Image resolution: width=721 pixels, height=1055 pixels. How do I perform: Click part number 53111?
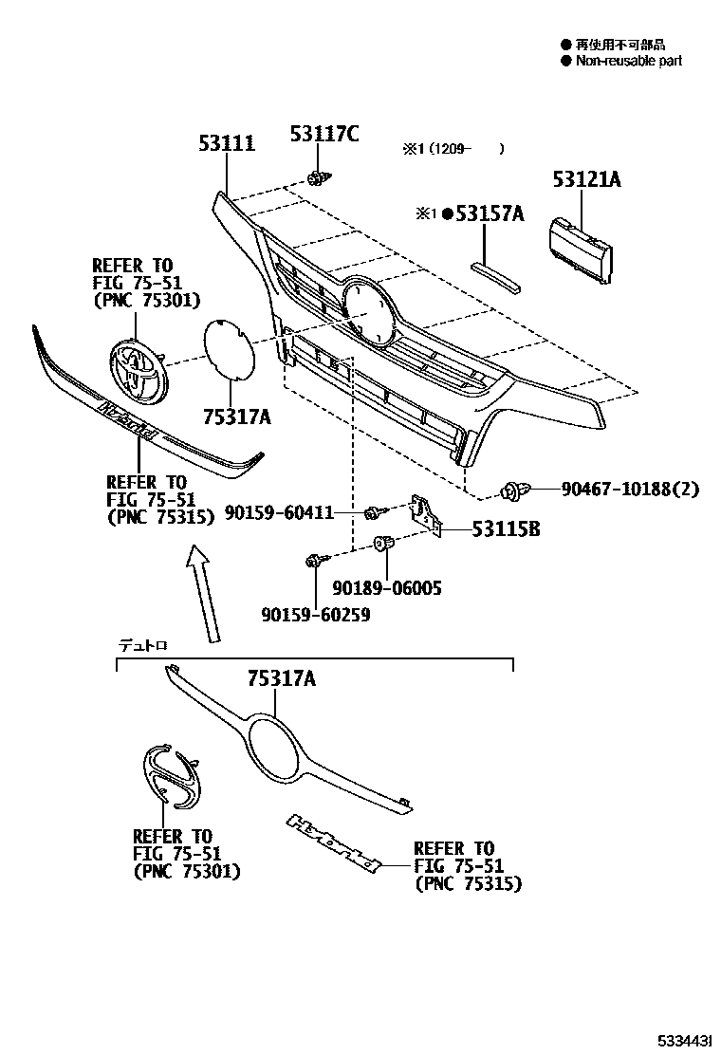pos(227,144)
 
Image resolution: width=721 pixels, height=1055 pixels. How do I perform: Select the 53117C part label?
pos(324,135)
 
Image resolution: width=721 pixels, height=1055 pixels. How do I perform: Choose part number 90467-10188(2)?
pos(629,490)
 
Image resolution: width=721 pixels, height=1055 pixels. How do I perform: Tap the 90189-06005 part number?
pos(387,588)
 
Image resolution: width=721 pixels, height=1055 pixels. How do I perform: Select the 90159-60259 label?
pos(316,615)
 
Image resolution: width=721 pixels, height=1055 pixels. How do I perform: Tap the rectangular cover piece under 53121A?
pos(581,249)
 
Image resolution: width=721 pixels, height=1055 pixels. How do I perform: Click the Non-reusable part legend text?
pos(628,61)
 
